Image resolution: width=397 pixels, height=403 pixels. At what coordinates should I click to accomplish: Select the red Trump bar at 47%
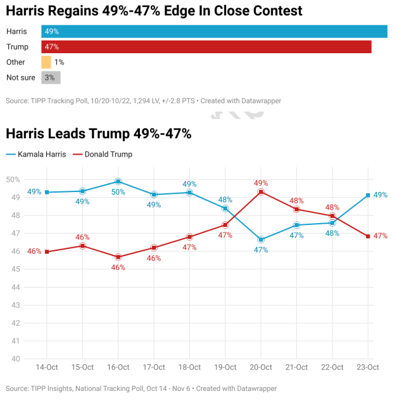(x=206, y=47)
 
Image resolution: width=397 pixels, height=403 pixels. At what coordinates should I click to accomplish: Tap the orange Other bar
(x=46, y=62)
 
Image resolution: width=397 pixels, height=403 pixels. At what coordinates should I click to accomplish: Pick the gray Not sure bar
(x=51, y=77)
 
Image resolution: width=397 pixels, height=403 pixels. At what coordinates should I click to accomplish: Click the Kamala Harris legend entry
(x=38, y=154)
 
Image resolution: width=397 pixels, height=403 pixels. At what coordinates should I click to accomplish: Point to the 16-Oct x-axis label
(x=118, y=368)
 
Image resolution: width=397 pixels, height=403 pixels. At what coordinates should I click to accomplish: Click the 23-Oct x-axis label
(x=368, y=368)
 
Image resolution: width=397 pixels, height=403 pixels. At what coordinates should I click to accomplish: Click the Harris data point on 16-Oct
(x=118, y=182)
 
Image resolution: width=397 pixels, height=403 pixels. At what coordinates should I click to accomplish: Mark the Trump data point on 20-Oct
(x=261, y=192)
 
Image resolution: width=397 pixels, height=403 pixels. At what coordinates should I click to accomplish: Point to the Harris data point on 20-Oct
(x=261, y=240)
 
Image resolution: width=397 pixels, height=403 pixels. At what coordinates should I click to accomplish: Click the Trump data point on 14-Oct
(x=47, y=252)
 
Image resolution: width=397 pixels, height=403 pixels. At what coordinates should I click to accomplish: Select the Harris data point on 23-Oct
(x=368, y=195)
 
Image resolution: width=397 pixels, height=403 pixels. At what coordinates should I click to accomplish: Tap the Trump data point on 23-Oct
(x=368, y=236)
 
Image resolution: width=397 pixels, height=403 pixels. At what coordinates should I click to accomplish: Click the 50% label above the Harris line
(x=118, y=192)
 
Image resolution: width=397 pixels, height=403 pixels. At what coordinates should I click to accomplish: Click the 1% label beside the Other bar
(x=59, y=62)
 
